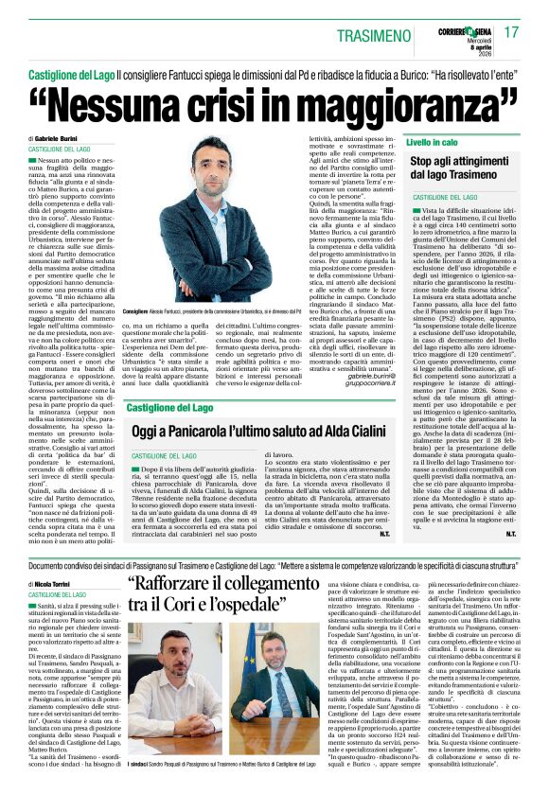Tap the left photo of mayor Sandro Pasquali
pos(175,711)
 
